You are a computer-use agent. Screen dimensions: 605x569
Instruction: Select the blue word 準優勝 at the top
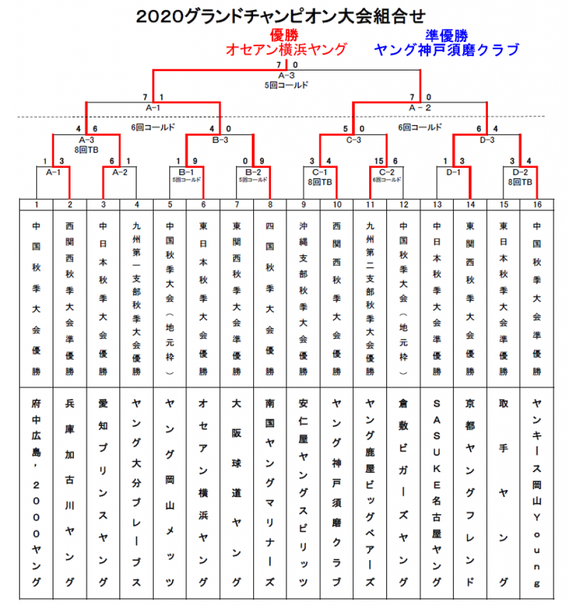(x=446, y=35)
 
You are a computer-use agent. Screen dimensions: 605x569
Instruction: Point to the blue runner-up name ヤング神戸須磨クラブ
(x=446, y=50)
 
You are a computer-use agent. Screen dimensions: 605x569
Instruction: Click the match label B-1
(x=186, y=172)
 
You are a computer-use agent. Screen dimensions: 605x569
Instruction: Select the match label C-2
(x=386, y=172)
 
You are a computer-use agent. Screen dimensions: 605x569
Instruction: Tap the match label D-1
(x=453, y=172)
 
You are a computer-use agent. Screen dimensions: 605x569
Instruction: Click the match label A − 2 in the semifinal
(x=420, y=108)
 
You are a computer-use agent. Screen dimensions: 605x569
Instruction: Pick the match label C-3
(x=353, y=140)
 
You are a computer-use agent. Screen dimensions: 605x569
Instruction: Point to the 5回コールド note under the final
(x=286, y=84)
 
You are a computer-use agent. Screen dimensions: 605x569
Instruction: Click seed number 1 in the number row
(x=36, y=204)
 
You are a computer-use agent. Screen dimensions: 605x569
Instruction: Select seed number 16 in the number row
(x=536, y=204)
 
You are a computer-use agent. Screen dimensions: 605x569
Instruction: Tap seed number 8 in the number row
(x=270, y=204)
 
